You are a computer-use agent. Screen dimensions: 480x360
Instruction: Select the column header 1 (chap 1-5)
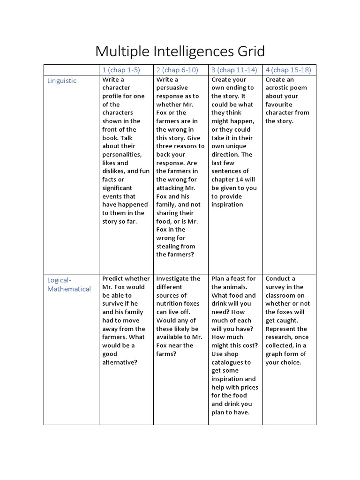(121, 70)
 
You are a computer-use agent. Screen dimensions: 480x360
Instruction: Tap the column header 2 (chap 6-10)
(177, 70)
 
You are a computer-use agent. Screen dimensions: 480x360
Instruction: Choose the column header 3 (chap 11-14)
(234, 70)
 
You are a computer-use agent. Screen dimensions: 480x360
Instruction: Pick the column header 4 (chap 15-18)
(288, 70)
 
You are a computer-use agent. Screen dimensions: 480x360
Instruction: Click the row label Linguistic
(62, 81)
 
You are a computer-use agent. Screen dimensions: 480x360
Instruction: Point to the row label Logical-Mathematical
(69, 285)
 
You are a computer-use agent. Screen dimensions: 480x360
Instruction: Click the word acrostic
(279, 88)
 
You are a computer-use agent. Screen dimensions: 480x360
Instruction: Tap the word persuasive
(172, 88)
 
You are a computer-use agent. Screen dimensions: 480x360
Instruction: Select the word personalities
(122, 154)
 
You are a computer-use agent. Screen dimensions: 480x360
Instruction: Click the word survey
(276, 287)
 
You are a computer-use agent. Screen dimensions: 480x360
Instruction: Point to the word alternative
(120, 362)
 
